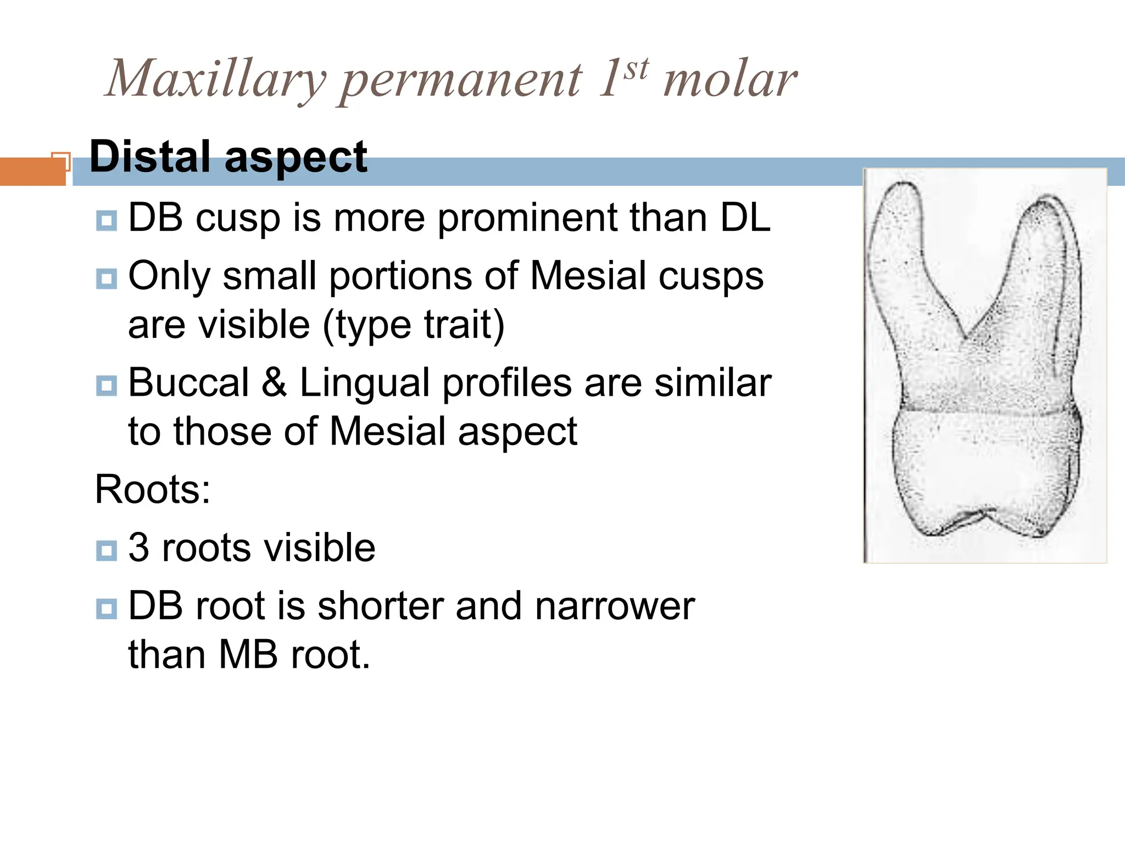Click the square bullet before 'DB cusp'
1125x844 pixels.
pos(106,220)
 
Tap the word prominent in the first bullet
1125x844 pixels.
pos(527,218)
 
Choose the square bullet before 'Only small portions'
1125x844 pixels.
pos(106,279)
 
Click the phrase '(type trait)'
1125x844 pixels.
pos(413,325)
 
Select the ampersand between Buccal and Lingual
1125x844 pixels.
pos(274,382)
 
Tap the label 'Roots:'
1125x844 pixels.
pos(153,489)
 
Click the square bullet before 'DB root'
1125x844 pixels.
pos(106,608)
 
